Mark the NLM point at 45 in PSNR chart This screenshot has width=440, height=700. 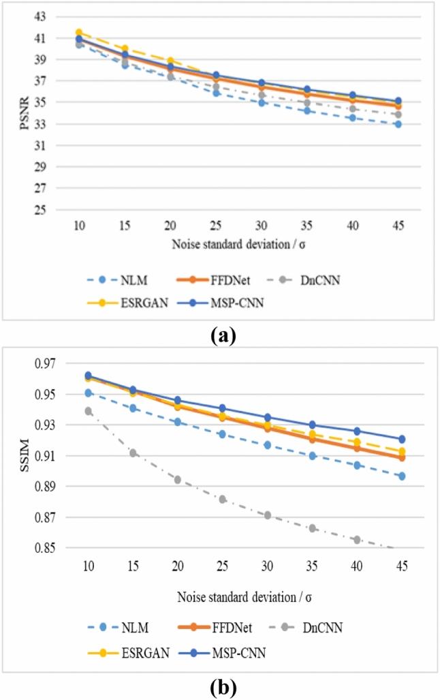[x=398, y=124]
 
